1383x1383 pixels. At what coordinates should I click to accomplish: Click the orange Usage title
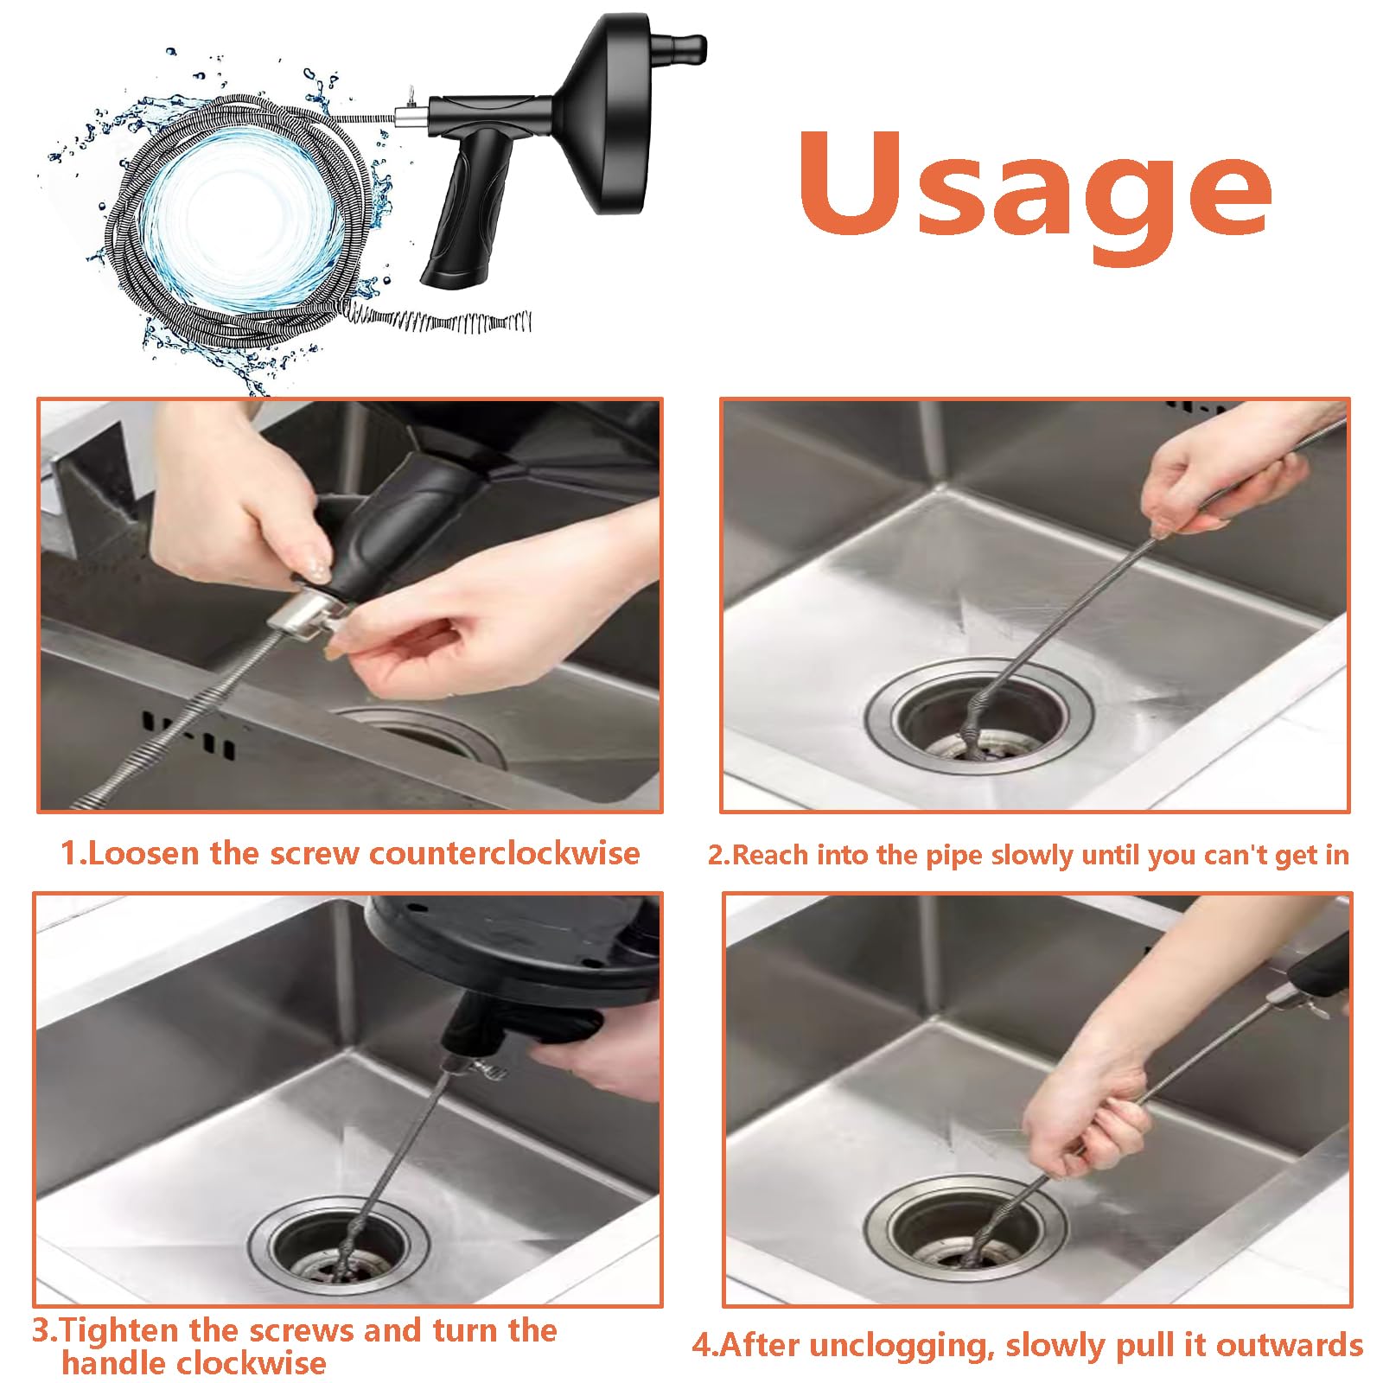click(x=1034, y=194)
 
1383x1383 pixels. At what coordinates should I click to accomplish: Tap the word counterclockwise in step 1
click(x=506, y=853)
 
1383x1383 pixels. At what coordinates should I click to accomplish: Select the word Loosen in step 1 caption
click(x=143, y=853)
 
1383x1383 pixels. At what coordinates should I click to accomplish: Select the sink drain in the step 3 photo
click(x=339, y=1246)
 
